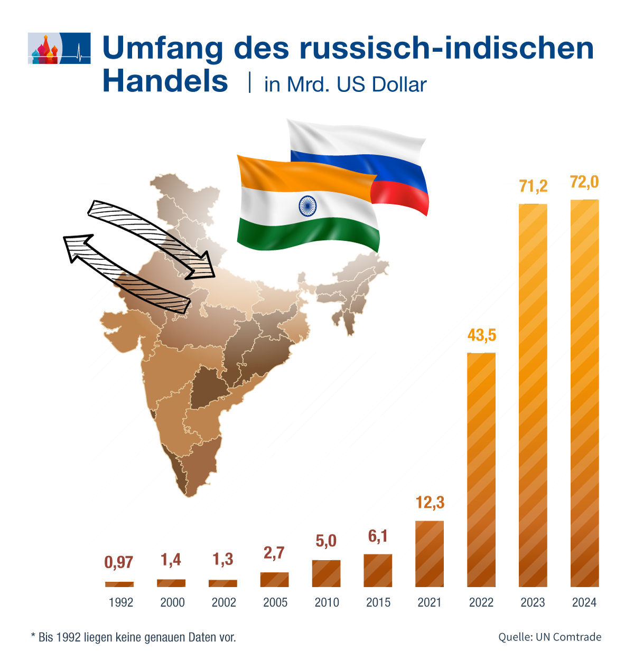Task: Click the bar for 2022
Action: click(x=481, y=470)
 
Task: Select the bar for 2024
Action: click(x=584, y=393)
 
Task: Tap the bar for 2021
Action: click(x=430, y=554)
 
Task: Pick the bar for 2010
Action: click(x=326, y=573)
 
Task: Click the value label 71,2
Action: click(x=533, y=186)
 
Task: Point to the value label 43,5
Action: click(x=482, y=335)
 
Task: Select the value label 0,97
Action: click(x=119, y=562)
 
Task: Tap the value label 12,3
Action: click(x=430, y=503)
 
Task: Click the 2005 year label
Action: click(x=275, y=602)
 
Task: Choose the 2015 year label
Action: click(x=378, y=602)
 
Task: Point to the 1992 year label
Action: click(x=121, y=602)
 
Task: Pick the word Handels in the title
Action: click(x=165, y=82)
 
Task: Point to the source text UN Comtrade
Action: click(x=568, y=637)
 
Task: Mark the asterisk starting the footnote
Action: click(x=33, y=636)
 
